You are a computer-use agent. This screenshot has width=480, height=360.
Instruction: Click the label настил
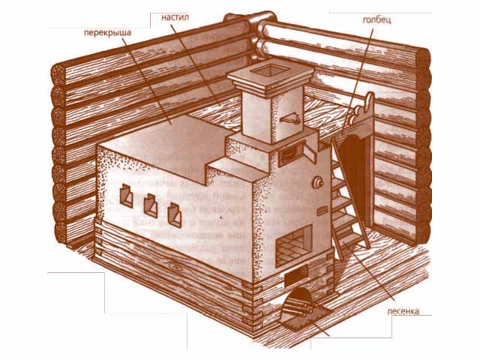click(175, 17)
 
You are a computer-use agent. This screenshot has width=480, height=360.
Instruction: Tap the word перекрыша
click(107, 32)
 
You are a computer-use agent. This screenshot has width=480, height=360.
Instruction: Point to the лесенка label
click(403, 311)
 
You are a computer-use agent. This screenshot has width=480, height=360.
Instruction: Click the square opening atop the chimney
click(269, 70)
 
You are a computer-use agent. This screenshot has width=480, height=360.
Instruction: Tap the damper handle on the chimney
click(289, 118)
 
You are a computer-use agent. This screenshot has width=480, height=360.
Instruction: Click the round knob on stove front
click(317, 183)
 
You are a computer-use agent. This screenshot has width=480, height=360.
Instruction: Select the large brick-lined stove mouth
click(294, 245)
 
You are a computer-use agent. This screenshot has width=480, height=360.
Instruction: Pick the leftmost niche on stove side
click(126, 196)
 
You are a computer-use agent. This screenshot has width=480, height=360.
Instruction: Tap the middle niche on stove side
click(151, 205)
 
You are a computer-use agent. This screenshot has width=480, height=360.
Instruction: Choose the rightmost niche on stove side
click(175, 215)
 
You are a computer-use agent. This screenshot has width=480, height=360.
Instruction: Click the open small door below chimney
click(310, 153)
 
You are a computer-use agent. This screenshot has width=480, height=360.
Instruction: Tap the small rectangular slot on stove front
click(322, 211)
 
